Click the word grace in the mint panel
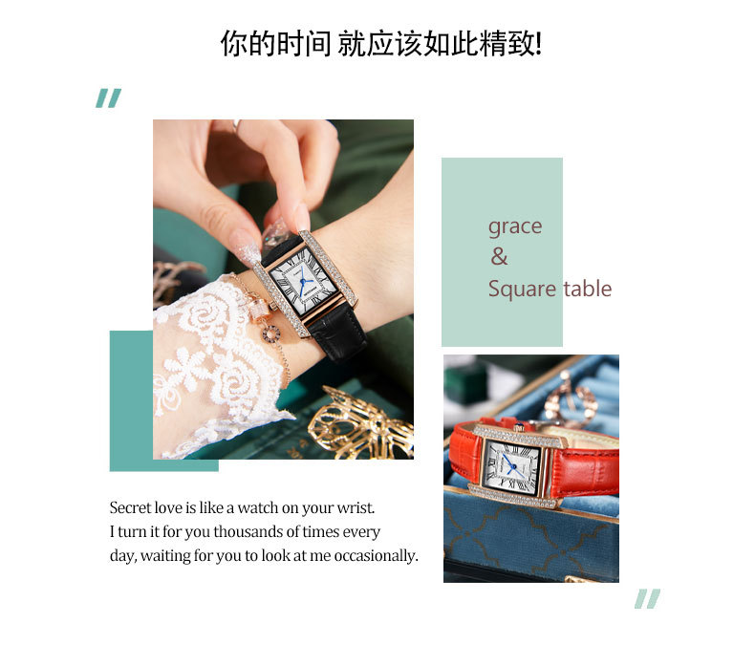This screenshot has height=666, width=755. (515, 226)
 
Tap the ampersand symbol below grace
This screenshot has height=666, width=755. (499, 256)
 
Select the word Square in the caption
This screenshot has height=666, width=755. (523, 289)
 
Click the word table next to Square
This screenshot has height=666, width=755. (588, 289)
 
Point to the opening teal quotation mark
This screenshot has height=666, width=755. (108, 98)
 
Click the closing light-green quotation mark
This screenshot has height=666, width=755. (647, 598)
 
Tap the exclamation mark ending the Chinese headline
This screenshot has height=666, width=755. (538, 44)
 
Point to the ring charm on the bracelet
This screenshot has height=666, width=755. (271, 333)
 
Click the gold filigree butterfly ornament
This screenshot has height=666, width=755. (361, 423)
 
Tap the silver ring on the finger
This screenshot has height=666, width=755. (236, 126)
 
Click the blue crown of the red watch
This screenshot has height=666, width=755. (519, 426)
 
